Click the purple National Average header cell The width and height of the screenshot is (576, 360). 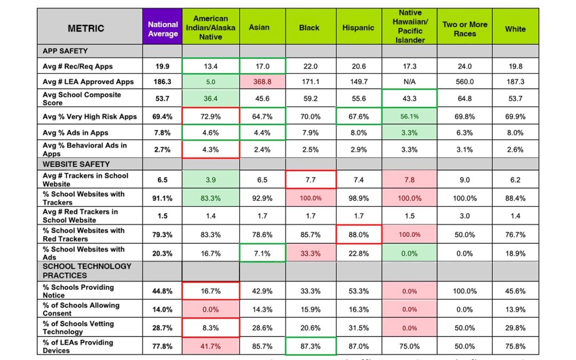[163, 29]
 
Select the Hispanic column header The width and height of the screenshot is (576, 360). [358, 28]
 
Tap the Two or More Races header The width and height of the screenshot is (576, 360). [465, 28]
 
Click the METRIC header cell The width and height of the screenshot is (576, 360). [86, 28]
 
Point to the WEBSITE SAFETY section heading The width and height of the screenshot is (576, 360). [76, 164]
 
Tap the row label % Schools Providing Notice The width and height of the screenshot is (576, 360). [78, 291]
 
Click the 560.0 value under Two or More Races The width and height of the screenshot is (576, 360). [465, 82]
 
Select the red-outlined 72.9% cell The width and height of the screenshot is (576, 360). [211, 116]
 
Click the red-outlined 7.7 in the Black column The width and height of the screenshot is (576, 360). [310, 180]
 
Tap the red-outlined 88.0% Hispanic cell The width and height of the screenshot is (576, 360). [358, 235]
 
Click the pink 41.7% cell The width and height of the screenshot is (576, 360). [211, 346]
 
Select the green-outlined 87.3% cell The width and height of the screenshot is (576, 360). [310, 346]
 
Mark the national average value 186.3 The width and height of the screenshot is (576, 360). [163, 82]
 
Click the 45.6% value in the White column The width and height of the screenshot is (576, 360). [515, 291]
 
